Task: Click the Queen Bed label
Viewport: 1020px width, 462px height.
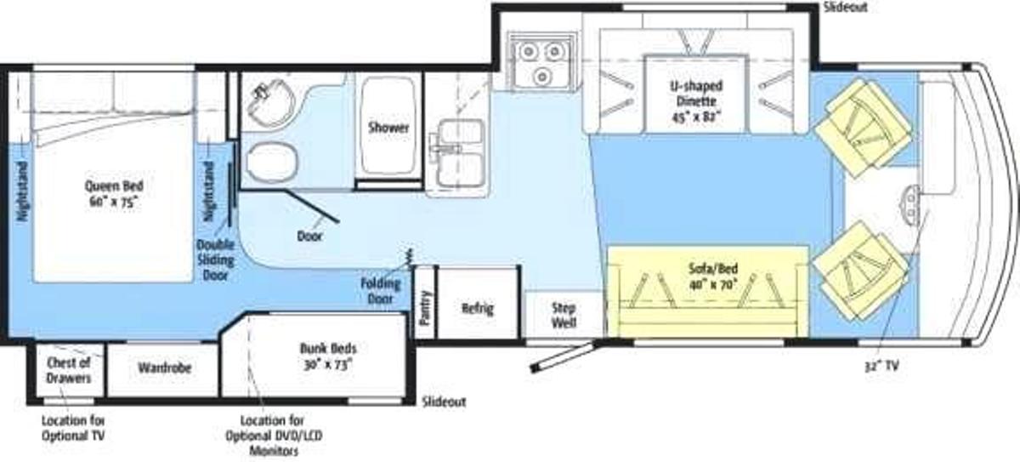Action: click(x=114, y=194)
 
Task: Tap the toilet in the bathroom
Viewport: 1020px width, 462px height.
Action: click(x=272, y=163)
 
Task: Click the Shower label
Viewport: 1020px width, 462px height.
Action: click(x=388, y=128)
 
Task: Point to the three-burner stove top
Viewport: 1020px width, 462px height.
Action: click(x=541, y=61)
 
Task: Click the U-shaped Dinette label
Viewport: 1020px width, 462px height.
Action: click(x=696, y=101)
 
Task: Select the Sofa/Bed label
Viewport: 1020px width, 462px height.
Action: click(x=713, y=277)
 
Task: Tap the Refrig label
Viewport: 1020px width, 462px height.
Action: click(x=477, y=308)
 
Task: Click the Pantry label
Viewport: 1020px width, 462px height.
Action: click(x=425, y=308)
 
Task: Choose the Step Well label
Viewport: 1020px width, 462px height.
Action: click(x=564, y=315)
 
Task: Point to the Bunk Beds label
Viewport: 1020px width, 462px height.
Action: click(x=328, y=356)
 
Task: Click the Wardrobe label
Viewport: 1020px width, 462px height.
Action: click(x=164, y=368)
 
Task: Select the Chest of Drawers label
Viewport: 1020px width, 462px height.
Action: click(x=69, y=370)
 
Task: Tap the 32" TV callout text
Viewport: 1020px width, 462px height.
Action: click(x=881, y=365)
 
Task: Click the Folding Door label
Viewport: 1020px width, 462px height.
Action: click(x=381, y=291)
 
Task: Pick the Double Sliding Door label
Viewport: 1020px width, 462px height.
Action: click(x=215, y=260)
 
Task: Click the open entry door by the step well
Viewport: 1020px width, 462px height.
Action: click(x=564, y=356)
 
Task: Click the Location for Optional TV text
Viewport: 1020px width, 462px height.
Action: click(x=73, y=428)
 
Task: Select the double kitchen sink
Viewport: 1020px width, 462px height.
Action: click(x=456, y=154)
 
